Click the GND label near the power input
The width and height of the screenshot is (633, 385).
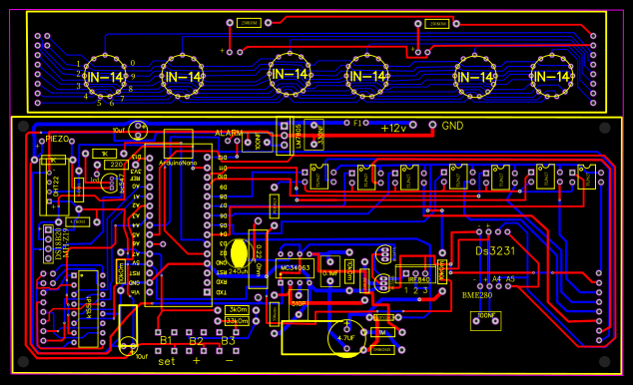point(452,127)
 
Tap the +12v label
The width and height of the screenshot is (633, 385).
point(393,128)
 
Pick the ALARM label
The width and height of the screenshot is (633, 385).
point(229,133)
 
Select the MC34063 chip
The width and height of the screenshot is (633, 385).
point(296,267)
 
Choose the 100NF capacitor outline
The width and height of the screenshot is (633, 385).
point(486,319)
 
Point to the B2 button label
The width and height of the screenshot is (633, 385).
point(197,342)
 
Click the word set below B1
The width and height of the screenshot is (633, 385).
point(167,360)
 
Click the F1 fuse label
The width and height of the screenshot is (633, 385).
point(359,123)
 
